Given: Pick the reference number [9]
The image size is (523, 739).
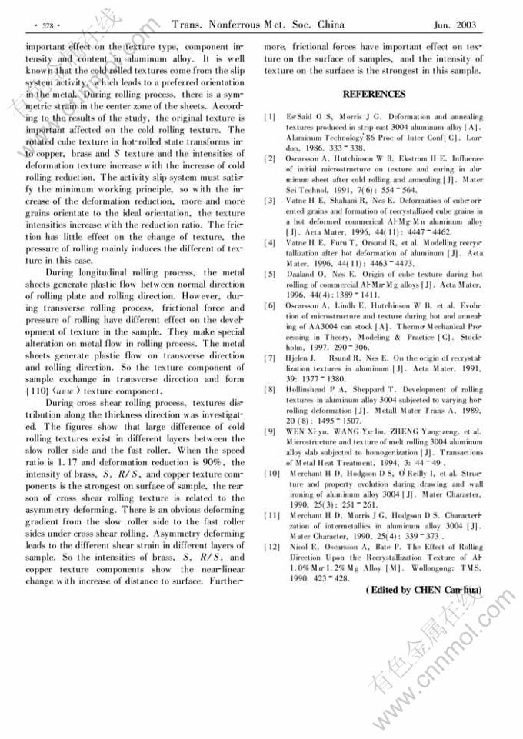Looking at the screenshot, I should click(269, 431).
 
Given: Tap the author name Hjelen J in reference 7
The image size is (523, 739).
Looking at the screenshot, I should click(300, 357).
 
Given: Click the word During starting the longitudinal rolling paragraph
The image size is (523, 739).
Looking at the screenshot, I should click(63, 272).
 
